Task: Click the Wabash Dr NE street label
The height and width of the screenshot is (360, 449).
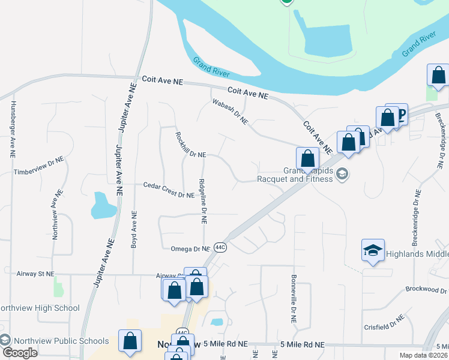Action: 230,112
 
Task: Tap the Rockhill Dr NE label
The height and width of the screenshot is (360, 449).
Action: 190,144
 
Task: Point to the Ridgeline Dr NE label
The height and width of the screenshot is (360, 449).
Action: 203,202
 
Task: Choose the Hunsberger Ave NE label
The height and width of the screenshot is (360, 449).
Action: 12,129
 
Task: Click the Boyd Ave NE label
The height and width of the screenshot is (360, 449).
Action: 134,230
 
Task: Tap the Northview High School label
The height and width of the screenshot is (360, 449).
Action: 40,308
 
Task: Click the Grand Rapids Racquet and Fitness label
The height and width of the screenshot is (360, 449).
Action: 295,175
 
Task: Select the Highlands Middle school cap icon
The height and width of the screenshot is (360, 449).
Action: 373,250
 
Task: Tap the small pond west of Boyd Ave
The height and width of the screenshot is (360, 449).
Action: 103,205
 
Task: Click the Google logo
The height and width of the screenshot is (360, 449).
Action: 19,352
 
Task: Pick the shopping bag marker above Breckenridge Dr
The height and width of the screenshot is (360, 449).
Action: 438,76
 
